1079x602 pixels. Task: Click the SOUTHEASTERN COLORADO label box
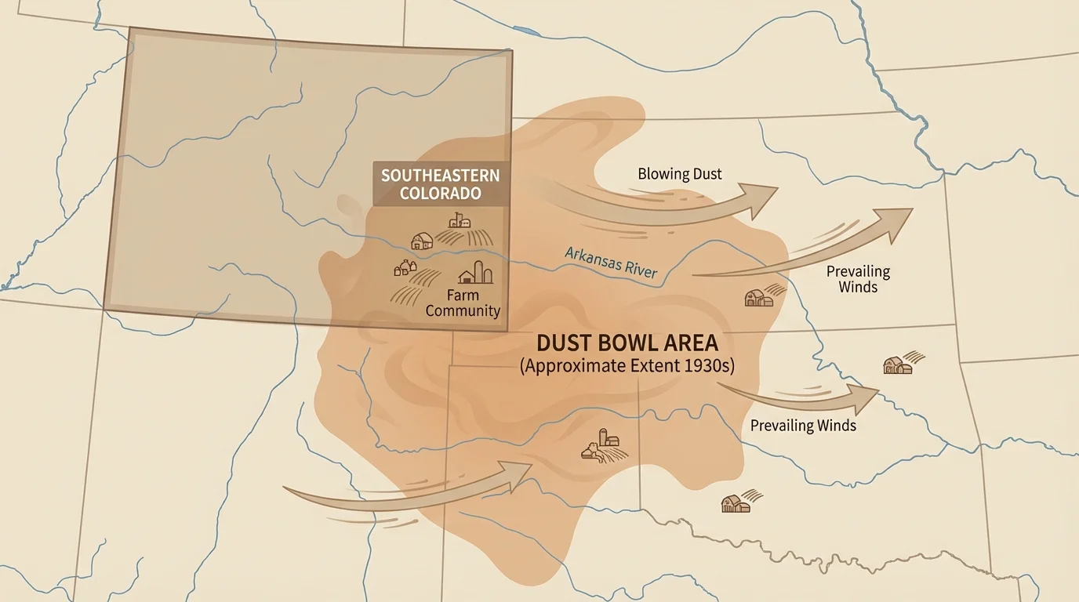(440, 184)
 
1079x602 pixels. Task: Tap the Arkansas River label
(611, 263)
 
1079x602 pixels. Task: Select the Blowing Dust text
(679, 174)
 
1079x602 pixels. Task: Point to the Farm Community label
(463, 303)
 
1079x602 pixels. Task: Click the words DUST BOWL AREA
(627, 343)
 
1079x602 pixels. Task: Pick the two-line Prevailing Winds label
(858, 279)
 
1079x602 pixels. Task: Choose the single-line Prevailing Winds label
(803, 426)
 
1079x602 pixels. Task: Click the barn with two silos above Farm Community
(475, 273)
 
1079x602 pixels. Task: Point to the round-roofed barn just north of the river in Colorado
(421, 241)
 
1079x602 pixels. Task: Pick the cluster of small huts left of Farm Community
(405, 268)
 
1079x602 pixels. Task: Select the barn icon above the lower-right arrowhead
(897, 364)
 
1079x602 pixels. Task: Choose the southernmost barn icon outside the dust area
(736, 503)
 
